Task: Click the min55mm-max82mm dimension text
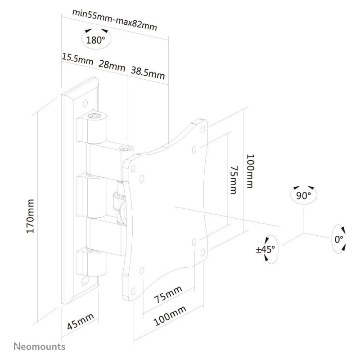(x=115, y=20)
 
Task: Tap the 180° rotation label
(x=95, y=40)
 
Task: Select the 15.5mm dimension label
(x=77, y=59)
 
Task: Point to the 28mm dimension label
(x=112, y=66)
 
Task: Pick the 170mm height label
(x=30, y=216)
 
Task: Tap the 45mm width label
(x=81, y=321)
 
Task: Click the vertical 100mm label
(x=251, y=171)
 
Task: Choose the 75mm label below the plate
(x=168, y=294)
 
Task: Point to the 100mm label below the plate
(x=170, y=316)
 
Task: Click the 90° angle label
(x=303, y=196)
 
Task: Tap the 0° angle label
(x=339, y=239)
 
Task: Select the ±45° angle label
(x=265, y=249)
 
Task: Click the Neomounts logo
(x=40, y=346)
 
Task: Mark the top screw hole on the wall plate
(x=85, y=103)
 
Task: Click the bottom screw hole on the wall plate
(x=85, y=280)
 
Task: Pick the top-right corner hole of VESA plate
(x=203, y=130)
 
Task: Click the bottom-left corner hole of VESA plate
(x=133, y=291)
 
